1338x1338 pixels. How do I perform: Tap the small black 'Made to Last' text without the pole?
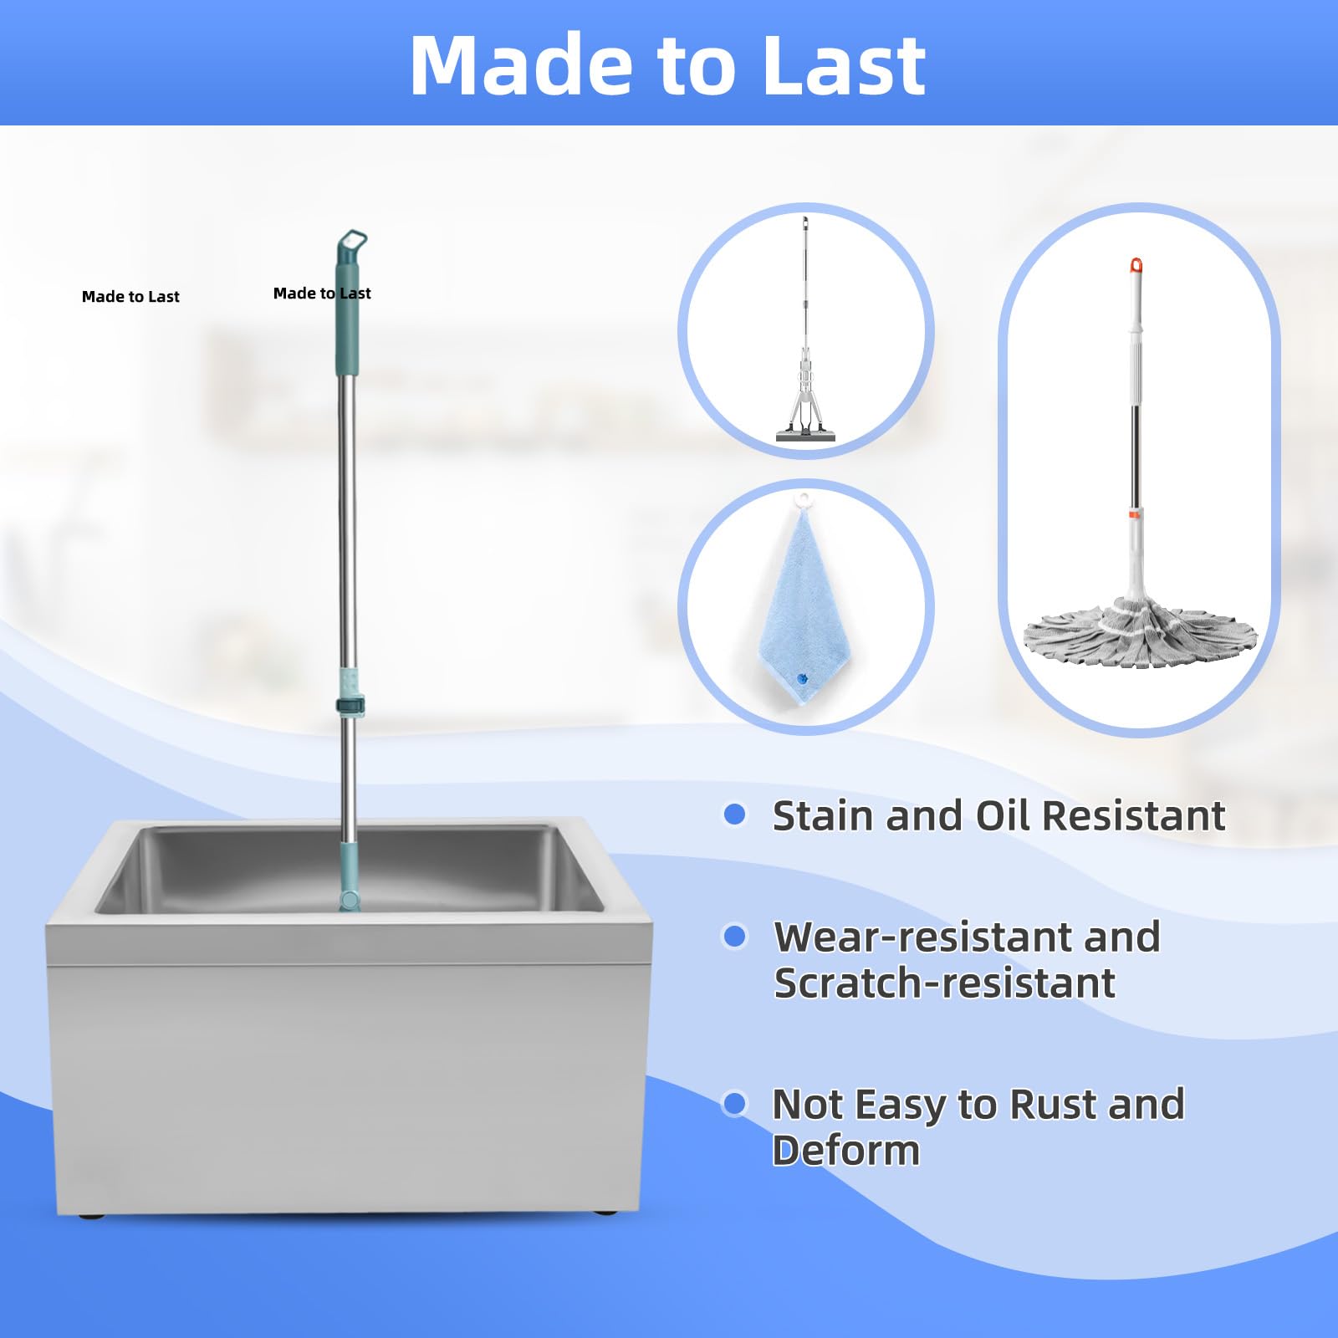[x=130, y=297]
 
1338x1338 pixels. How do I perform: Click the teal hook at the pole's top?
[x=352, y=245]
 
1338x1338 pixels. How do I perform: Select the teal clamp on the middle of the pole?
[x=350, y=704]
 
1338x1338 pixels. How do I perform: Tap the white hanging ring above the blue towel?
[x=804, y=501]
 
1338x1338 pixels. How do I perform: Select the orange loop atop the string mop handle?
[x=1136, y=266]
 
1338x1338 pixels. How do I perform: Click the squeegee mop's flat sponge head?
[x=805, y=436]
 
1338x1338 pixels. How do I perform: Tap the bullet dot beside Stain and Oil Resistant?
[x=734, y=815]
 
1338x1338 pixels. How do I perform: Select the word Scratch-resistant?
[x=944, y=983]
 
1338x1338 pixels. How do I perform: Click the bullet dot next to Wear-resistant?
[x=734, y=937]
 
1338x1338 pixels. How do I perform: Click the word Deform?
[x=845, y=1151]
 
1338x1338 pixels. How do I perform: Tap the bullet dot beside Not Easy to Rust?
[x=734, y=1104]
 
